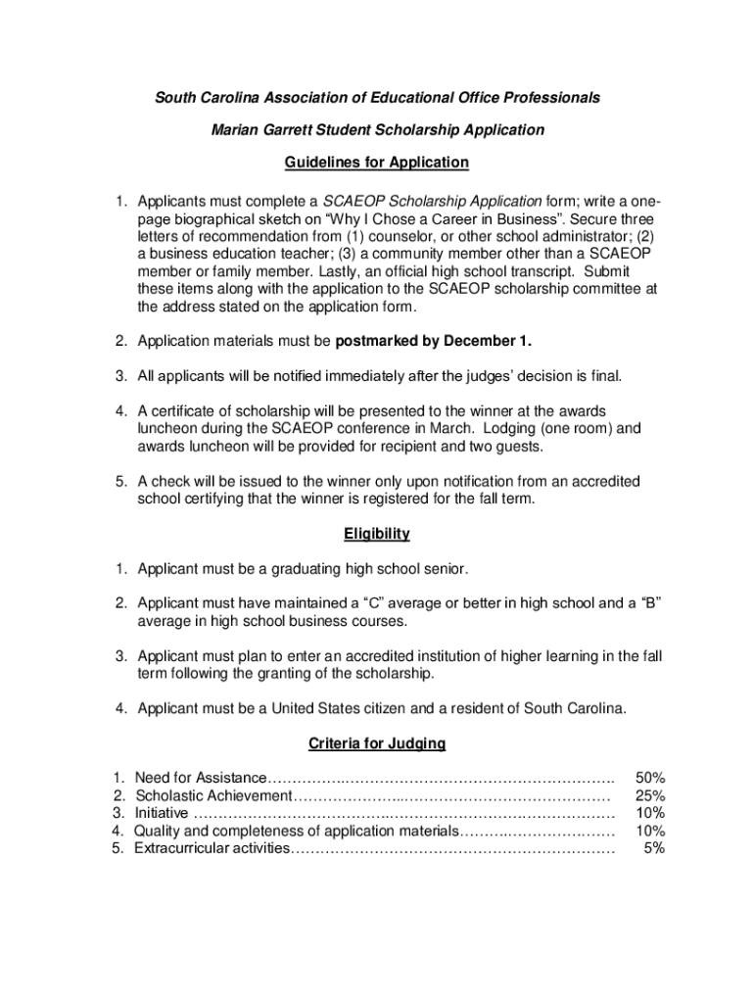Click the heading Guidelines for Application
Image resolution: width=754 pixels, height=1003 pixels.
pos(377,162)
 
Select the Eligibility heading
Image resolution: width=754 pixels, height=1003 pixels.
pos(377,534)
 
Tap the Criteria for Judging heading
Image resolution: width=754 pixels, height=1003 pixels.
pos(377,743)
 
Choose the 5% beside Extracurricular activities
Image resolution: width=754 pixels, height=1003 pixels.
pos(654,848)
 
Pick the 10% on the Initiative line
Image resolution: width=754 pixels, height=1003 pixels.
pos(650,813)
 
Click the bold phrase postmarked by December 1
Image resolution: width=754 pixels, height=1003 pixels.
pos(434,341)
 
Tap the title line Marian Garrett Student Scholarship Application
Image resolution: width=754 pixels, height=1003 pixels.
pos(377,129)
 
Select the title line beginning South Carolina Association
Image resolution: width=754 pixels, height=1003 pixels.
pos(377,98)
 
